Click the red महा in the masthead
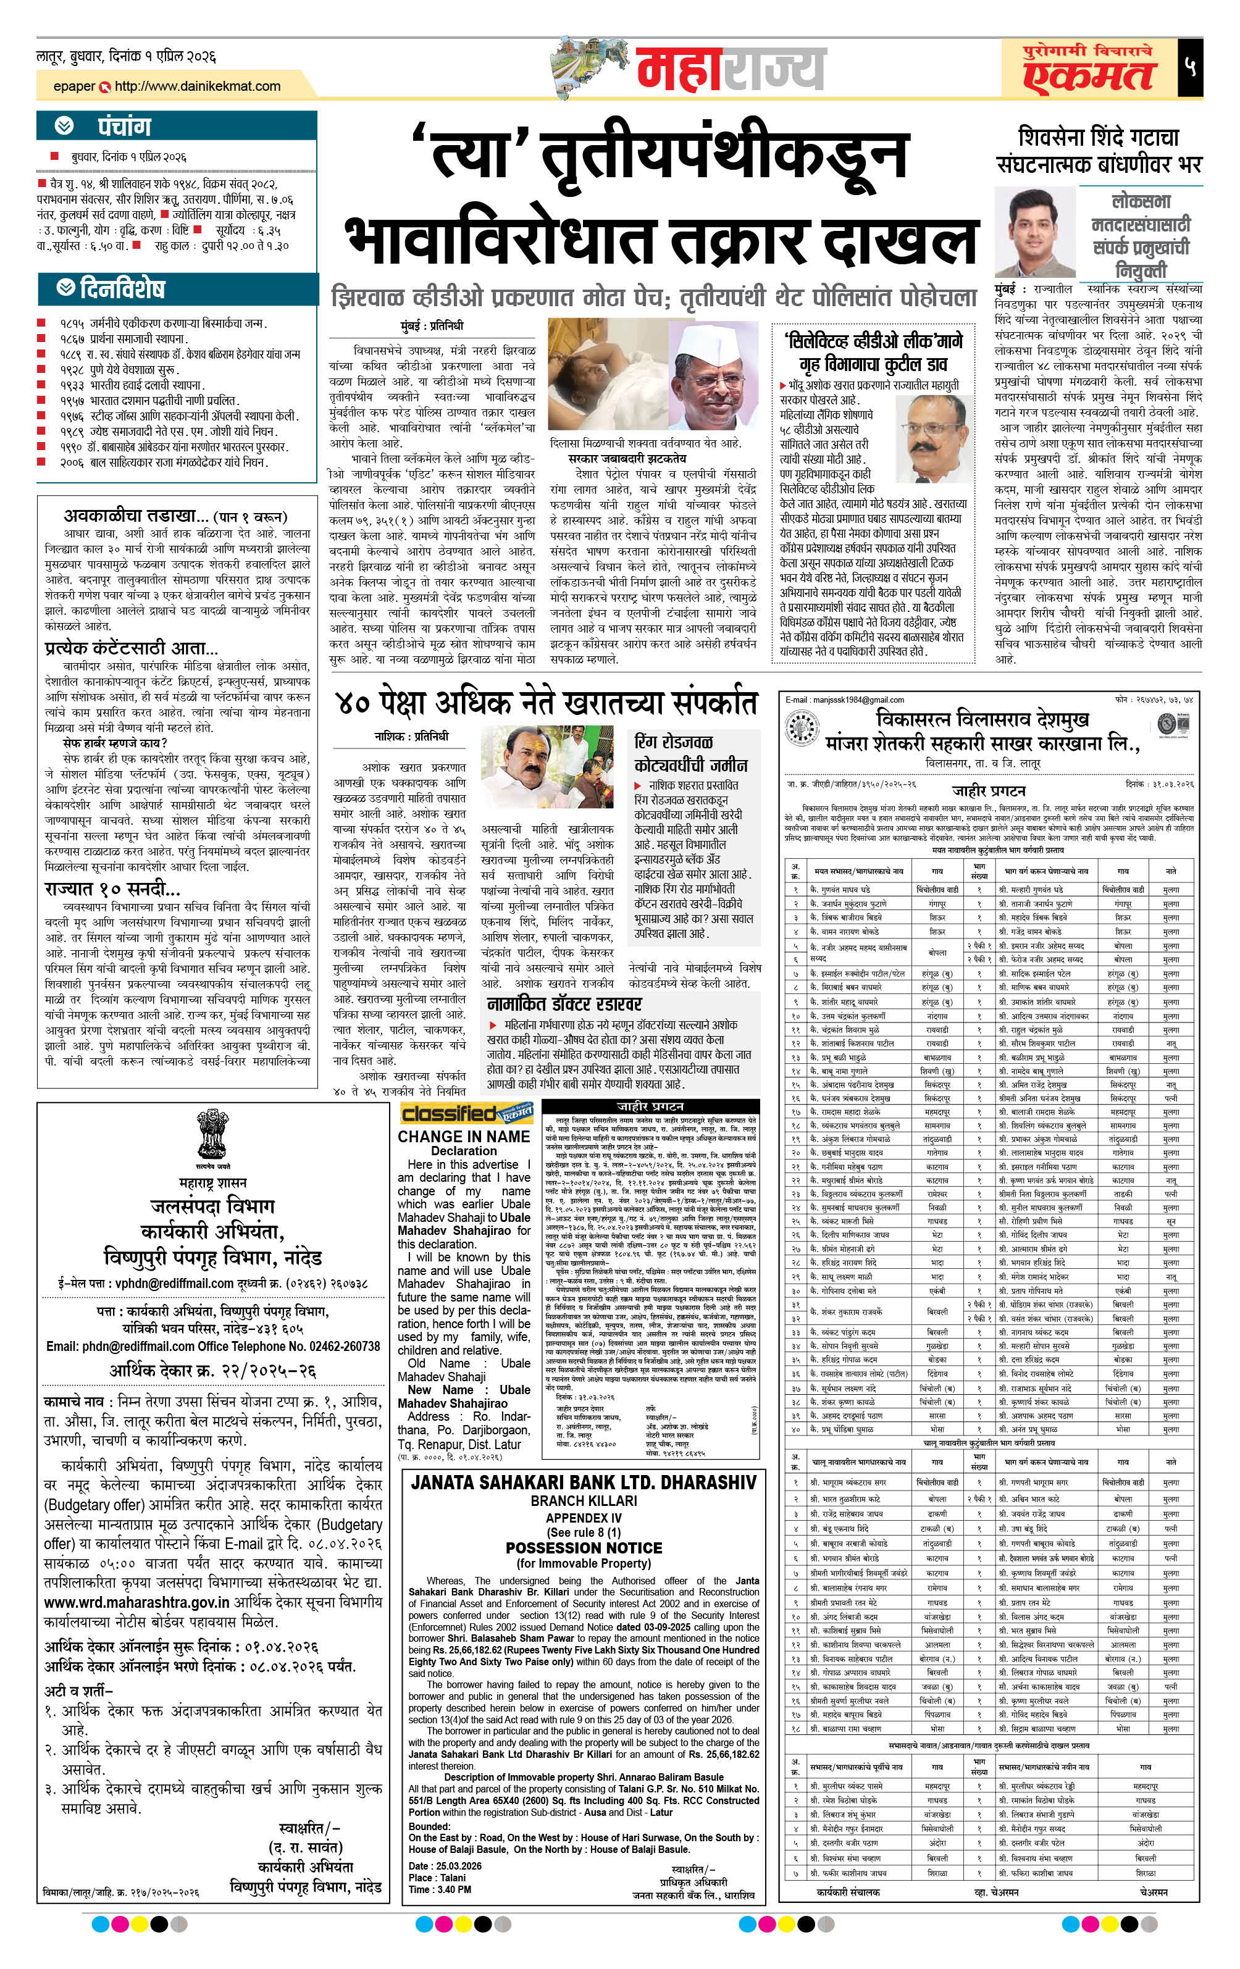(678, 70)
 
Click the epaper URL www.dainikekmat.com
(197, 86)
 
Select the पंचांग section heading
(124, 127)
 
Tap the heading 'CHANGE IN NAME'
(463, 1137)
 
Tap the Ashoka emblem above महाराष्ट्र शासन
(212, 1134)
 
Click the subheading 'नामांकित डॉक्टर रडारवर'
(564, 1003)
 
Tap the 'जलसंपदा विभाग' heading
(212, 1206)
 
